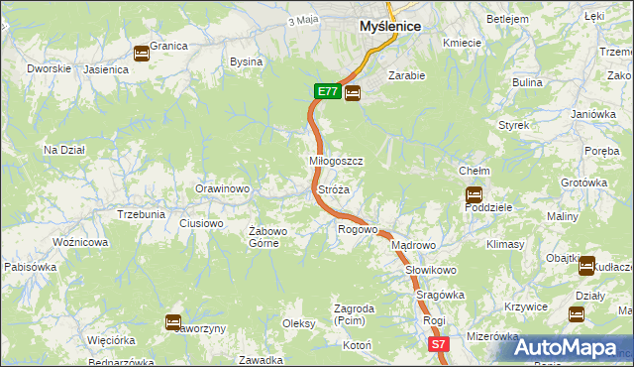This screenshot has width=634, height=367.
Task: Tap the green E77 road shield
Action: click(327, 91)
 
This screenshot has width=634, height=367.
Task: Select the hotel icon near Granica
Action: click(142, 54)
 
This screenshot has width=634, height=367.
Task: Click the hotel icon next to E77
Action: click(353, 92)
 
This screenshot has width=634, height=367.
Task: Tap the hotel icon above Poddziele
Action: click(474, 194)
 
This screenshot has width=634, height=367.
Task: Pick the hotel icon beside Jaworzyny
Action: click(172, 321)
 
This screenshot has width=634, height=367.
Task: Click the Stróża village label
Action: click(333, 188)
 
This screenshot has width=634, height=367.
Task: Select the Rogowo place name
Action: click(358, 230)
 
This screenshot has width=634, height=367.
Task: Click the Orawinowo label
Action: click(222, 188)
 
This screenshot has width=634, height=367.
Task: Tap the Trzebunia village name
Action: click(141, 214)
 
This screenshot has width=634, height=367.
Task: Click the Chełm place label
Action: click(475, 171)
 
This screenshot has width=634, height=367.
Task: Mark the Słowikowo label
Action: click(430, 270)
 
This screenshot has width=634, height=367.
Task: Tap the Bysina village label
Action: click(246, 61)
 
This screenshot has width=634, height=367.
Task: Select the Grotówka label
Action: click(583, 183)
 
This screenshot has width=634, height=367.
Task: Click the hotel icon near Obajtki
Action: click(585, 265)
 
